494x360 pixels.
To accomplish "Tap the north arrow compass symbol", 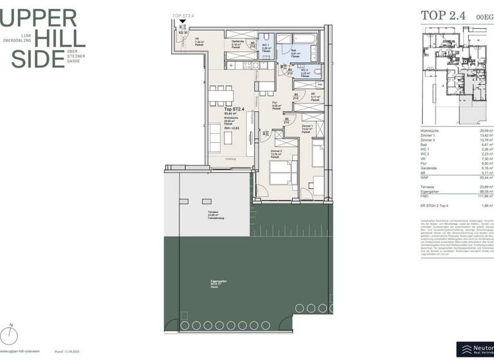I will pos(10,333).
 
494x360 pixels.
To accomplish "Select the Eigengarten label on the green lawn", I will pos(218,283).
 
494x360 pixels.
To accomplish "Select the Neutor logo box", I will pos(475,349).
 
